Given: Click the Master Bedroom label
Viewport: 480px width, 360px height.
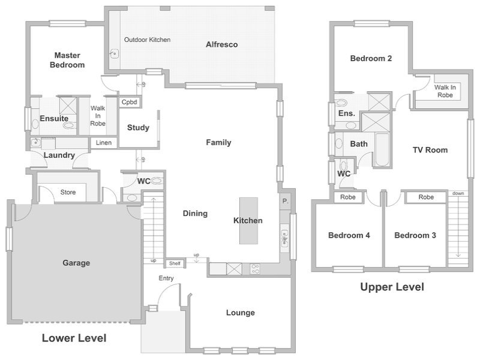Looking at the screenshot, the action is pos(67,60).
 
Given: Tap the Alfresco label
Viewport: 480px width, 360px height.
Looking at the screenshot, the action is pos(221,44).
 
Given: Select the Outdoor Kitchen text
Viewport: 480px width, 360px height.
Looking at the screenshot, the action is pos(147,40).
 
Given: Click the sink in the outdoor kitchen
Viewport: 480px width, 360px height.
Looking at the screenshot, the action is pos(115,54).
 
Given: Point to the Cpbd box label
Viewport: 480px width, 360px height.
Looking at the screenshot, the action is pos(129,102).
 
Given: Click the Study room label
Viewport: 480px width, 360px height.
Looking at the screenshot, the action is pos(138,127).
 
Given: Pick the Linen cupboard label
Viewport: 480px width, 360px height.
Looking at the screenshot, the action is pos(103,143).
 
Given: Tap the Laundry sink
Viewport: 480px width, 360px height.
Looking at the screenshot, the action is pos(36,142).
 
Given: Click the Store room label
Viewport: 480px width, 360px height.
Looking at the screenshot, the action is pos(68,192).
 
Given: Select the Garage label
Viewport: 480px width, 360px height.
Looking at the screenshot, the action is pos(76,263).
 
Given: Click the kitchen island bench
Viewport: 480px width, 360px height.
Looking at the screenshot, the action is pos(248,221).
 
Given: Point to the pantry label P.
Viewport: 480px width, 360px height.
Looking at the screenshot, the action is pos(286,201).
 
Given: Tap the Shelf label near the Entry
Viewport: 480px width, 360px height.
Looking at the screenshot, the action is pos(175,263).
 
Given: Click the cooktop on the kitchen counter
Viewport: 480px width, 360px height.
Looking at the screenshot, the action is pos(255,269).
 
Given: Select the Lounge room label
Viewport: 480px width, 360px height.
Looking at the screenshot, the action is pos(241,313).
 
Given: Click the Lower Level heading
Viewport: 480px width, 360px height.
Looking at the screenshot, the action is pos(74,338).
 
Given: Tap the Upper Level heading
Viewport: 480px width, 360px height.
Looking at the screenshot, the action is pos(392,287).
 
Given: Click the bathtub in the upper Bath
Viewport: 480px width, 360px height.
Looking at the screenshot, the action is pos(382,149).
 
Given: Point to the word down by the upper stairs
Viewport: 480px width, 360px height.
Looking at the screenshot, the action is pos(458,193).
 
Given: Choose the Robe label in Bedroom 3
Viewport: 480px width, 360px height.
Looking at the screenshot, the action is pos(426,197).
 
